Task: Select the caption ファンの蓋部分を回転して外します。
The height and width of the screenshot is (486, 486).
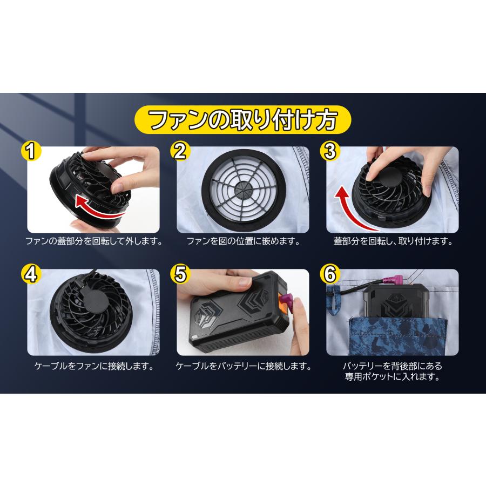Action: pos(94,241)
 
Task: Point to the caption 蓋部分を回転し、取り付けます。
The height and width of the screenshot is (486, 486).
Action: pos(393,241)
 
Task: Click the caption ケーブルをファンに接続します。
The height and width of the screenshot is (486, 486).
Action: pos(94,366)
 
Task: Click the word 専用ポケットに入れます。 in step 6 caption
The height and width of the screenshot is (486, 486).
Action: pos(393,377)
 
